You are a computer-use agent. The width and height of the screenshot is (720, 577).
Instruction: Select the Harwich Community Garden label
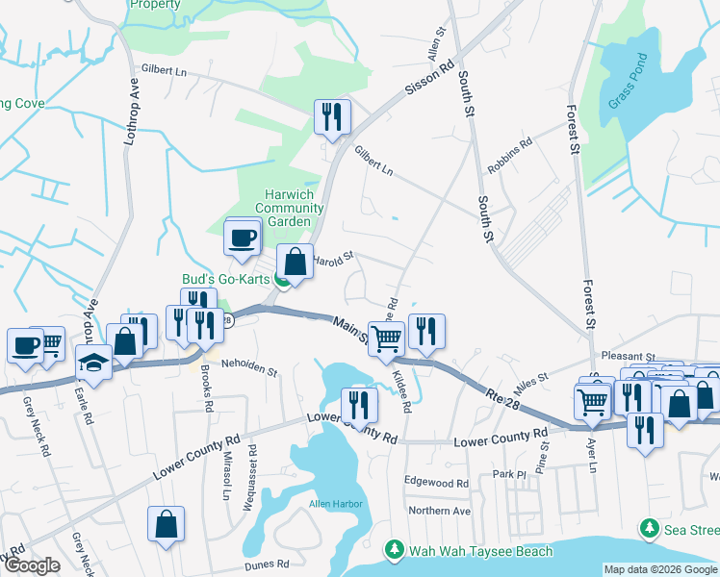click(289, 208)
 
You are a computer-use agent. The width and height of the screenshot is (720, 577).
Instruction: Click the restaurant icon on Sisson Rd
click(332, 117)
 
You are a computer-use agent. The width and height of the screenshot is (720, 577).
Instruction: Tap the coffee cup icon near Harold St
click(243, 237)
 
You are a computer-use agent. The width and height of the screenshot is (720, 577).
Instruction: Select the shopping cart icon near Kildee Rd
click(387, 337)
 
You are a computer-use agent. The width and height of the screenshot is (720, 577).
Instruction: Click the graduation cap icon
click(93, 362)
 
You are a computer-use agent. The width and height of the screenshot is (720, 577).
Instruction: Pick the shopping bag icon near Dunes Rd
click(166, 523)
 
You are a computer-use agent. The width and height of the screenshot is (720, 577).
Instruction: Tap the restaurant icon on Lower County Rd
click(360, 403)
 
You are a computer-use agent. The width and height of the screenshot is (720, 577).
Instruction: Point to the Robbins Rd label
click(510, 154)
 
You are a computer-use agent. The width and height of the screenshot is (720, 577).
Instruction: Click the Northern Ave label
click(439, 511)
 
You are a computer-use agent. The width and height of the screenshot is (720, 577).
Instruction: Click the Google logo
click(32, 565)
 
